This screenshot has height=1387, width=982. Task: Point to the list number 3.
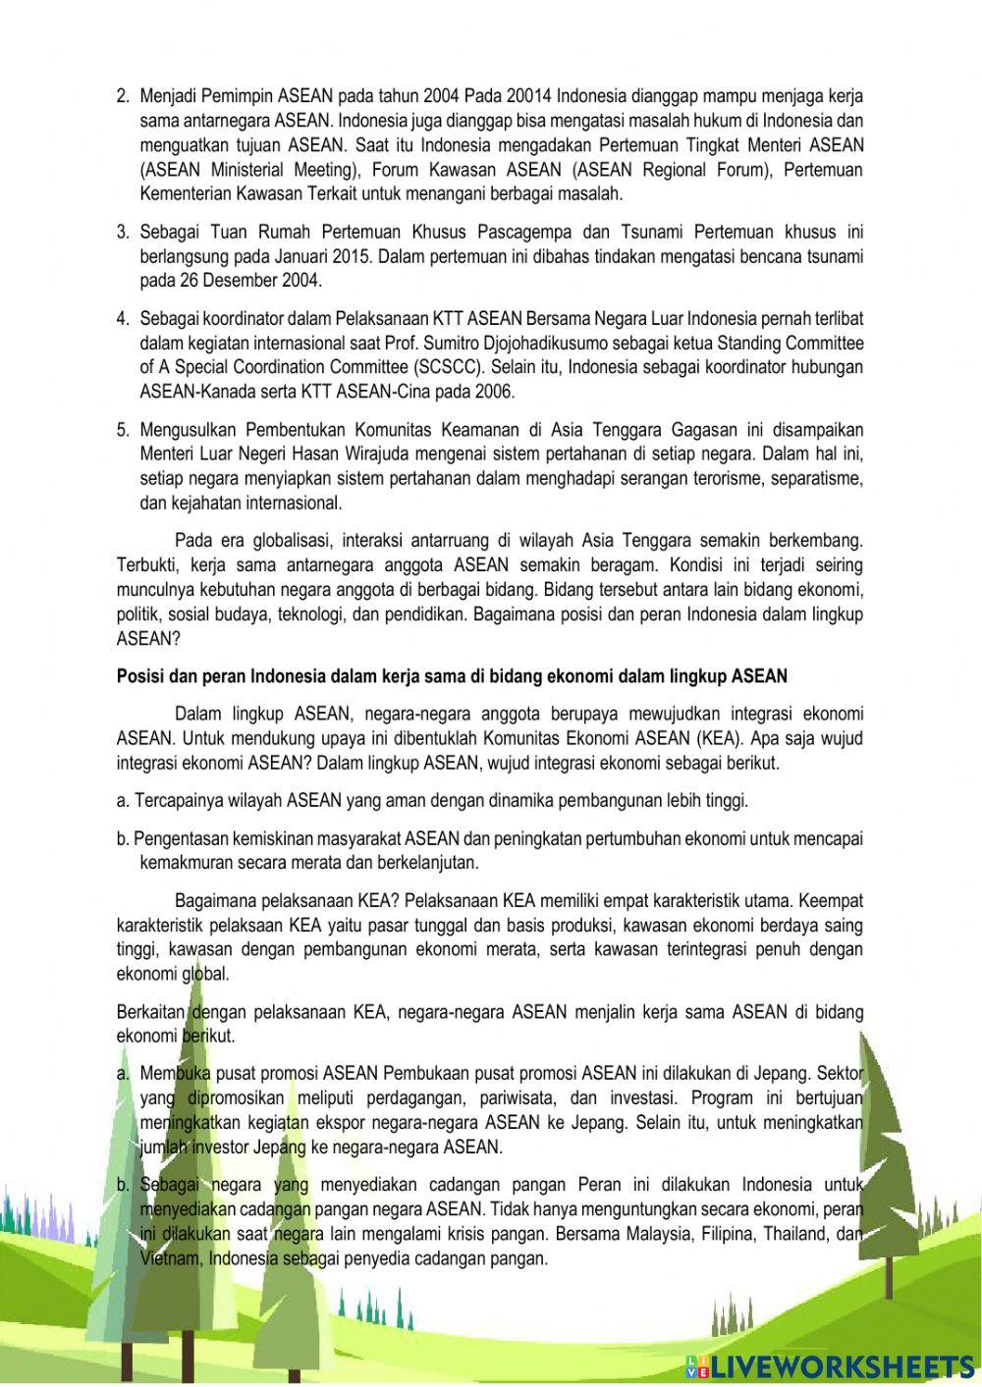[123, 233]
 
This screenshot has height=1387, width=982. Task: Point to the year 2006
[495, 392]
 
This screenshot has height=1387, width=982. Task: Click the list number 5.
[123, 430]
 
